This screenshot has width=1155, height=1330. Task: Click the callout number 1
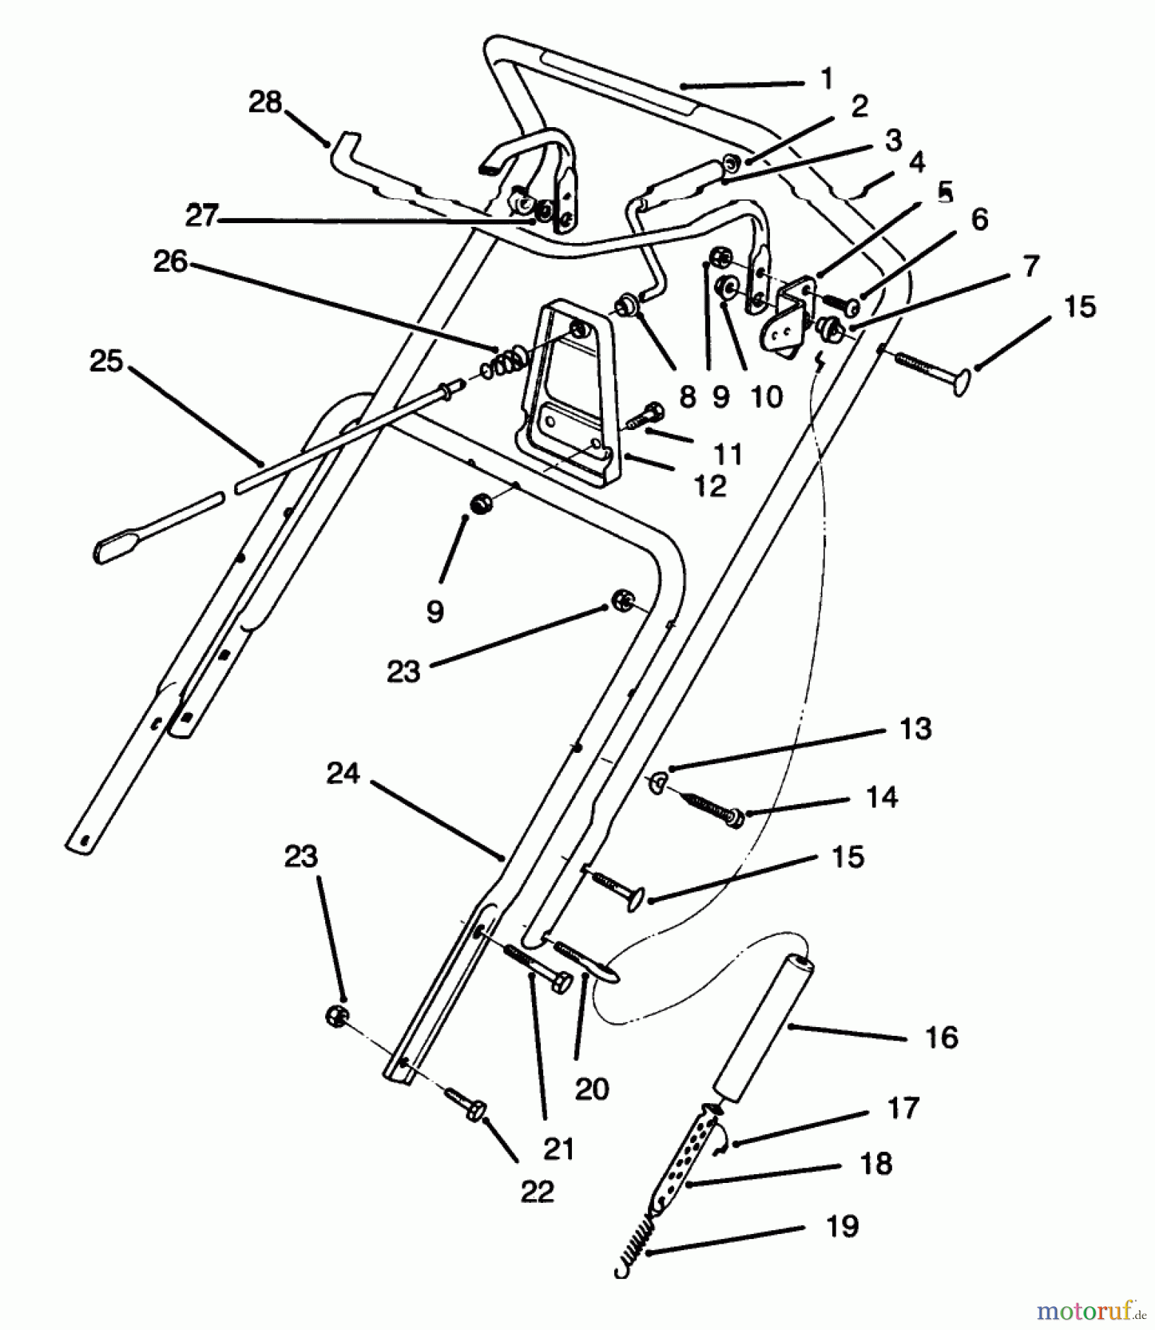tap(826, 78)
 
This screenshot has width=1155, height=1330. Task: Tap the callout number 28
tap(265, 102)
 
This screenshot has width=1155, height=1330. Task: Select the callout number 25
tap(106, 361)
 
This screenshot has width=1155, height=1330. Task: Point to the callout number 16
tap(941, 1037)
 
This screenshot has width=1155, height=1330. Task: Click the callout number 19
tap(842, 1227)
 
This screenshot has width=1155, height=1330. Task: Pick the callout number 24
tap(343, 774)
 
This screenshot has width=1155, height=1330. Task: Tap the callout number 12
tap(710, 485)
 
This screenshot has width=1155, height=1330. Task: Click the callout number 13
tap(916, 729)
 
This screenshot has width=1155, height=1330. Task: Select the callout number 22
tap(536, 1191)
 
